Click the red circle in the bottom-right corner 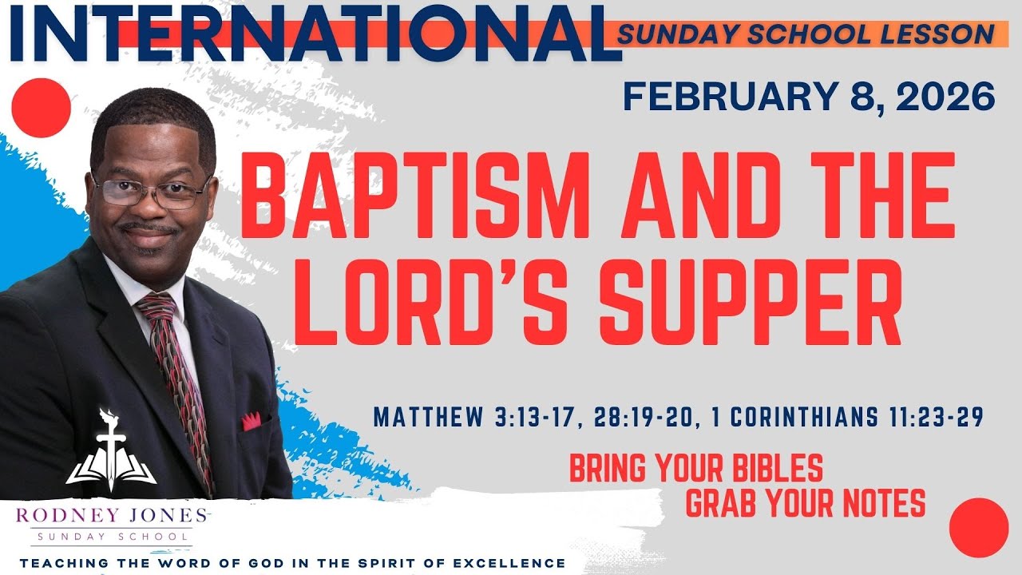point(979,527)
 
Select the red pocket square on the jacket point(252,420)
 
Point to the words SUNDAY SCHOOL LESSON point(806,34)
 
